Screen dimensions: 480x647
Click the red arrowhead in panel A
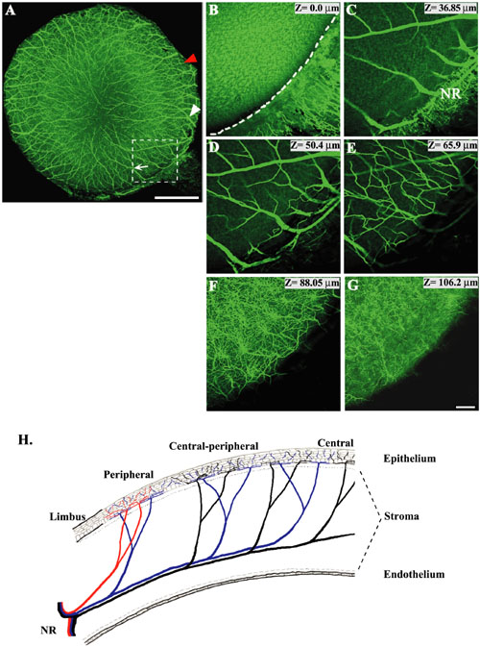191,59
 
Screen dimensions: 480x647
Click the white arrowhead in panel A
195,110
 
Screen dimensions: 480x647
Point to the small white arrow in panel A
141,167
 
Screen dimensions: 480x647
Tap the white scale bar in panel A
177,198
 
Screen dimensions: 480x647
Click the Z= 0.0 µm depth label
317,8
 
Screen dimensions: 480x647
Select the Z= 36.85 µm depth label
451,8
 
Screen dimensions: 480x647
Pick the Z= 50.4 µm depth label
315,145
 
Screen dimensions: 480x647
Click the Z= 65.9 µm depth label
453,145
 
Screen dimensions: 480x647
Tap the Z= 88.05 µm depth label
312,283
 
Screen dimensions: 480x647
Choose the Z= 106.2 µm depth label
451,283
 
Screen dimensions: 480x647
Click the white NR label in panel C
450,94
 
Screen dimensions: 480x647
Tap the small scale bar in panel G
466,407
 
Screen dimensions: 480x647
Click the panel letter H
26,440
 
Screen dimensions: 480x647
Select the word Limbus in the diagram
67,516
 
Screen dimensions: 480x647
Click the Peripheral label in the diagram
129,475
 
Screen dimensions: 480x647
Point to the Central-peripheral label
213,446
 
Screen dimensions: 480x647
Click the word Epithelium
410,459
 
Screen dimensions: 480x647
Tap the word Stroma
401,516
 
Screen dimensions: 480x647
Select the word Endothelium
414,574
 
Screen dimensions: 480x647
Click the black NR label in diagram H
48,631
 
